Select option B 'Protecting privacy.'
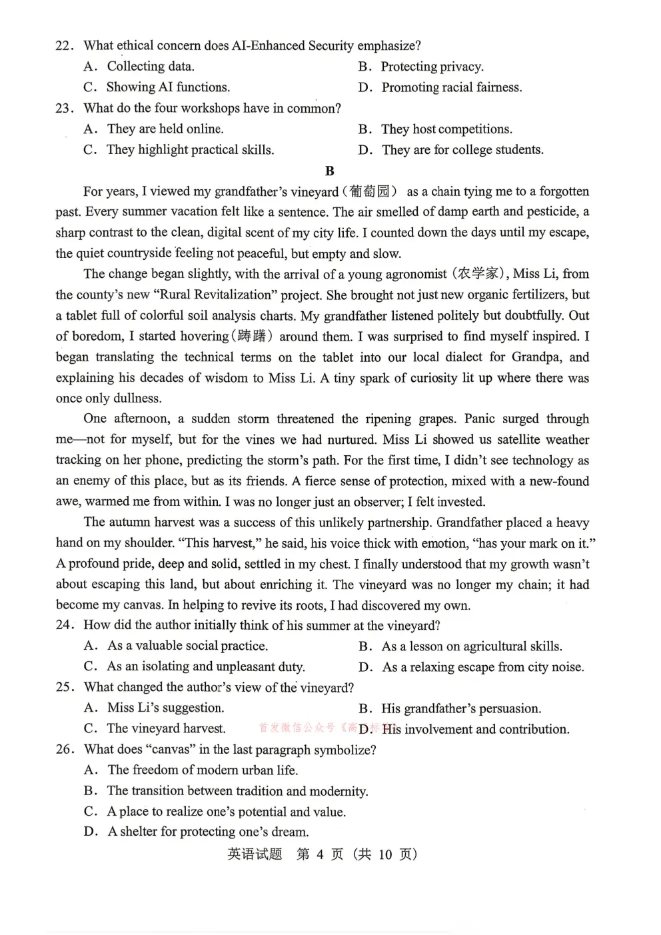(432, 67)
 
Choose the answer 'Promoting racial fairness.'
(451, 87)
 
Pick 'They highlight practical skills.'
(190, 150)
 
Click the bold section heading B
(329, 171)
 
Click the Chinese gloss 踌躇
(255, 336)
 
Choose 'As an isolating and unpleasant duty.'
(205, 666)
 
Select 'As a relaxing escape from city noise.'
(482, 667)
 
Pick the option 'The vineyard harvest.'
(166, 728)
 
